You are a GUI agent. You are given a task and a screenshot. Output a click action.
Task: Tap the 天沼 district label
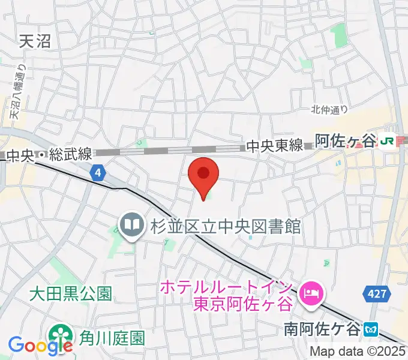(x=35, y=41)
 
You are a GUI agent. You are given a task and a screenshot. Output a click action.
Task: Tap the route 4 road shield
(x=98, y=173)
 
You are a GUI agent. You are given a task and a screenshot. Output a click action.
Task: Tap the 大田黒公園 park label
(x=71, y=294)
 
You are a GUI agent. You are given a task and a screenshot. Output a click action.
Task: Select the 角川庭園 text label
(x=112, y=338)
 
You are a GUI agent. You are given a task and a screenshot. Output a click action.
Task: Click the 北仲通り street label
(x=329, y=109)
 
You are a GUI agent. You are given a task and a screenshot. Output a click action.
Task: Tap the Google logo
(x=39, y=346)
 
